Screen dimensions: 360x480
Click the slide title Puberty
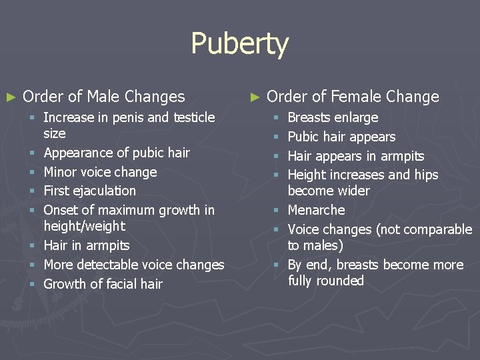click(239, 45)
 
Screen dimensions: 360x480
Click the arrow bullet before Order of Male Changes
click(10, 97)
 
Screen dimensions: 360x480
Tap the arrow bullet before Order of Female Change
click(254, 97)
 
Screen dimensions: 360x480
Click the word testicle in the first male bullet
click(194, 117)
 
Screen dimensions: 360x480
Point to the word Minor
click(61, 172)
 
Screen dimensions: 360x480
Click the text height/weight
click(84, 227)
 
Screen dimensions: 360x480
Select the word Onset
click(60, 211)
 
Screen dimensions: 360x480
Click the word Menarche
click(316, 211)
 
